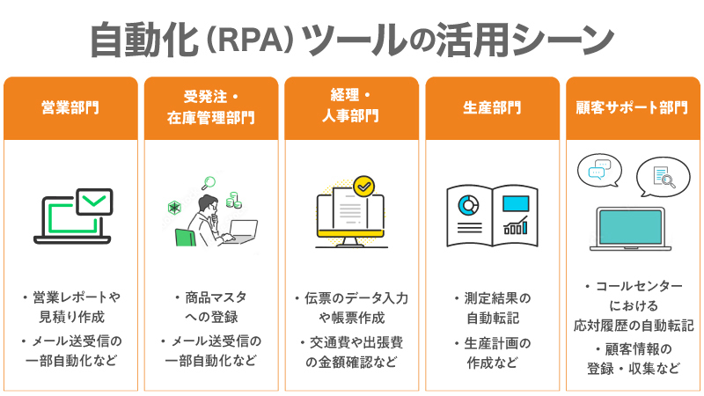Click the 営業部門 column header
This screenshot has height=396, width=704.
coord(70,107)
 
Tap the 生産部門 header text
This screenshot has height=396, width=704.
coord(492,107)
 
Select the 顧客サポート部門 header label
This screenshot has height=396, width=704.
coord(632,107)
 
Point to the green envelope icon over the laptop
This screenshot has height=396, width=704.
coord(94,202)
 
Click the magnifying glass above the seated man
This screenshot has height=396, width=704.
coord(209,183)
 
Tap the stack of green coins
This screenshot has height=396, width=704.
coord(233,200)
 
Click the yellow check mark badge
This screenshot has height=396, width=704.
coord(363,186)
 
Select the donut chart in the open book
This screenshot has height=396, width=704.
coord(468,206)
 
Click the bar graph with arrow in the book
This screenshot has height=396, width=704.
coord(516,225)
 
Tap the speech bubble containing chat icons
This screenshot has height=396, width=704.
coord(600,171)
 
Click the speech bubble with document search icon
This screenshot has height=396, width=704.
coord(663,177)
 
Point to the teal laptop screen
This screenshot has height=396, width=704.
coord(630,227)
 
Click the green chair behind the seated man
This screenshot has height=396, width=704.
coord(185,238)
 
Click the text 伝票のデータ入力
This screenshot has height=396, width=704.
coord(356,298)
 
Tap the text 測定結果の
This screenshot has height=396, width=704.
coord(497,298)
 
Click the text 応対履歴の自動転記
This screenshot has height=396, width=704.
coord(634,326)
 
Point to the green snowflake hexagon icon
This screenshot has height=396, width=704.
coord(174,208)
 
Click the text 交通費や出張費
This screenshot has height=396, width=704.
coord(356,342)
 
